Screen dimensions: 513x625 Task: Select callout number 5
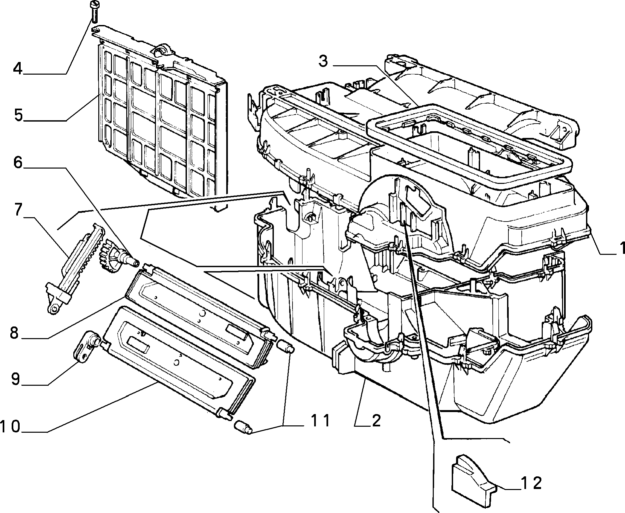click(18, 115)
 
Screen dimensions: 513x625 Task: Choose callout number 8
click(14, 332)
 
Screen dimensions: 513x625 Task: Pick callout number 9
click(15, 379)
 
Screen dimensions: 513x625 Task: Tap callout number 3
click(323, 62)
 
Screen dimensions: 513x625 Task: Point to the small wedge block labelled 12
click(471, 483)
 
